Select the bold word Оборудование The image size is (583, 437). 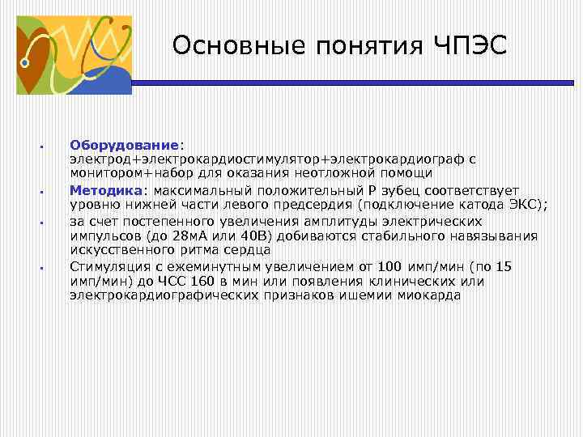click(124, 145)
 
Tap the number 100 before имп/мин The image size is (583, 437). click(391, 266)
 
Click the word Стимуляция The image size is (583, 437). click(109, 266)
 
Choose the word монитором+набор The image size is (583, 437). click(129, 173)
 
